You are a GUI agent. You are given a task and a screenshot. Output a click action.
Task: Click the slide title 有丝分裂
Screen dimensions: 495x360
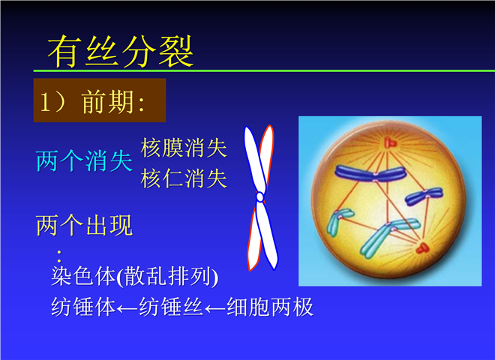[x=120, y=51]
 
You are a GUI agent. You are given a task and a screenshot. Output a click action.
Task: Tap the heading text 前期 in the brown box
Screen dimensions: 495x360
[x=107, y=102]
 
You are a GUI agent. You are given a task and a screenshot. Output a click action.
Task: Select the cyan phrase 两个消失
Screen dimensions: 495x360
[x=84, y=161]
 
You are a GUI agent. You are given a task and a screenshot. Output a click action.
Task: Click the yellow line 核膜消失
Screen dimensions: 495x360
[x=184, y=148]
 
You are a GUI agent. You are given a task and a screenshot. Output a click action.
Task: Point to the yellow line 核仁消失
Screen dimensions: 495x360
[x=184, y=178]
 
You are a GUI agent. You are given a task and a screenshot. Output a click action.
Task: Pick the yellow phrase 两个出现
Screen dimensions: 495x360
[x=84, y=226]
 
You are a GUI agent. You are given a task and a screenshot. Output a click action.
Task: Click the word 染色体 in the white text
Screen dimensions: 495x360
[x=83, y=276]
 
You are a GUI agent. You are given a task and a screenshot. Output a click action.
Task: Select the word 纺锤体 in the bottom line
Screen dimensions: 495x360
[x=83, y=307]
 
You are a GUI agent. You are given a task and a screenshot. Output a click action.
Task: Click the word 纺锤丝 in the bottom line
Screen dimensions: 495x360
[x=171, y=307]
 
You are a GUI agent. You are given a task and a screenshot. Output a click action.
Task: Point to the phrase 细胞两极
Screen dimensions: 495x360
[x=270, y=307]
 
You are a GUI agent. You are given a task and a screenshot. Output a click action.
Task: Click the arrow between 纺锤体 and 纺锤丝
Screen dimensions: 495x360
[x=127, y=308]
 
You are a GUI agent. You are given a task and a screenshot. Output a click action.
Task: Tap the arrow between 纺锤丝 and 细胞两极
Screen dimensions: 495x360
[x=215, y=308]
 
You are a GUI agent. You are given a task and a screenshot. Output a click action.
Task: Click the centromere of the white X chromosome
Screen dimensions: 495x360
[x=259, y=196]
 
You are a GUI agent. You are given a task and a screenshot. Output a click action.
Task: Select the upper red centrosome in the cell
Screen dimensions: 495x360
[x=389, y=142]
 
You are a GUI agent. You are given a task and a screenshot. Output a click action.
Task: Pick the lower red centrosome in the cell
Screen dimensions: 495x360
[x=421, y=248]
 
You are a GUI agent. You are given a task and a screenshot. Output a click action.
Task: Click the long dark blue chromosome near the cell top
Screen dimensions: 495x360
[x=370, y=173]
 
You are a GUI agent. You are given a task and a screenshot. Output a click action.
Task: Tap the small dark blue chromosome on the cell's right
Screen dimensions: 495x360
[x=424, y=196]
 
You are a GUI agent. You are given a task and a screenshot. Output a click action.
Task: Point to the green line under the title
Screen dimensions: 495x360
[x=264, y=70]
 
